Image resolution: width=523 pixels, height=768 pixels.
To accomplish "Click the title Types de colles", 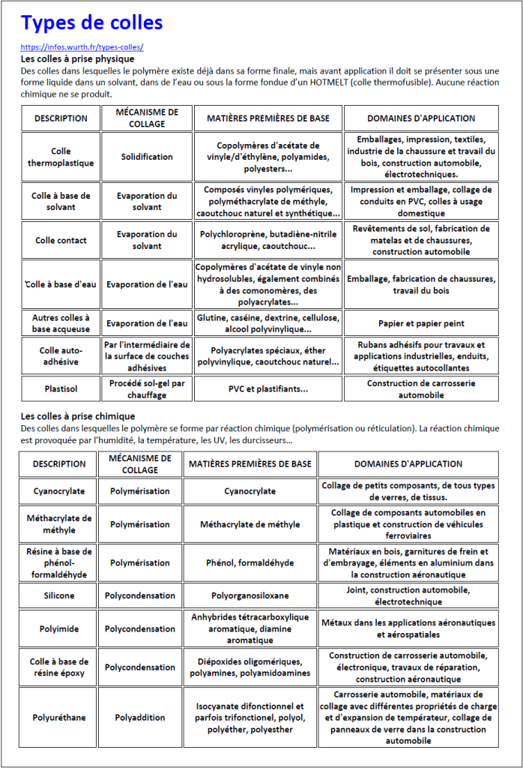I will (91, 23).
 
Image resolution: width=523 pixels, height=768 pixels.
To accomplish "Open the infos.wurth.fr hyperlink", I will (82, 47).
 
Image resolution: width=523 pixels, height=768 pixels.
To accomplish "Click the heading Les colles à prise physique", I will (77, 58).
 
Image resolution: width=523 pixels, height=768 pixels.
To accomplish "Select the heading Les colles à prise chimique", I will (78, 416).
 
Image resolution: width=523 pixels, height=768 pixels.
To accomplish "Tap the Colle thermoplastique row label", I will (61, 157).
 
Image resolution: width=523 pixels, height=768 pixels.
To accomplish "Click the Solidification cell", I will (147, 157).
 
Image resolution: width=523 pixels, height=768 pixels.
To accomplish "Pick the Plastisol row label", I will (61, 389).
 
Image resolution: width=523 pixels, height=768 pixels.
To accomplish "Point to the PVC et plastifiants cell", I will (267, 389).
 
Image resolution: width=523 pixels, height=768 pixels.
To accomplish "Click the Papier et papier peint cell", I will (420, 323).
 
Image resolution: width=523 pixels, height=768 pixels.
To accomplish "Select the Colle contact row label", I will (61, 240).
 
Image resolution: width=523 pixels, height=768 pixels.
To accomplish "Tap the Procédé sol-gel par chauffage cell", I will (147, 389).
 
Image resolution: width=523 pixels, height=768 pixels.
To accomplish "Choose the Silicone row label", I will (59, 595).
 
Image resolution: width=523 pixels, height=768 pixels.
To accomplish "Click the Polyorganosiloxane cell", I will (250, 595).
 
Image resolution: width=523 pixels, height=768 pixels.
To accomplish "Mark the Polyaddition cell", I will (140, 718).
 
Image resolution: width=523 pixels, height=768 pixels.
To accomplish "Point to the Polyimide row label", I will (59, 629).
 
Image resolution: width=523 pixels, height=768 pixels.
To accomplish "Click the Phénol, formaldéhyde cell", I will (250, 562).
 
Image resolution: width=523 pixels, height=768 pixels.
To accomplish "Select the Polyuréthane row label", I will (59, 718).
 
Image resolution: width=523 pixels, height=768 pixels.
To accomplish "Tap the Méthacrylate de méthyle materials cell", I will (250, 524).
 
